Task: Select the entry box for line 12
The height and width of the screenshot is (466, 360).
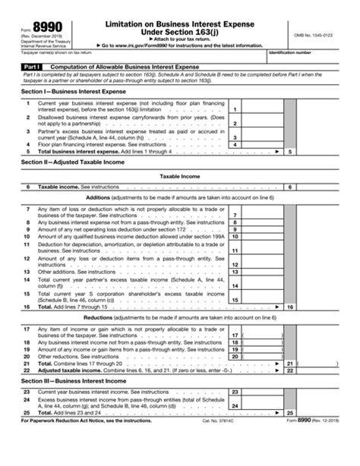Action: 263,262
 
